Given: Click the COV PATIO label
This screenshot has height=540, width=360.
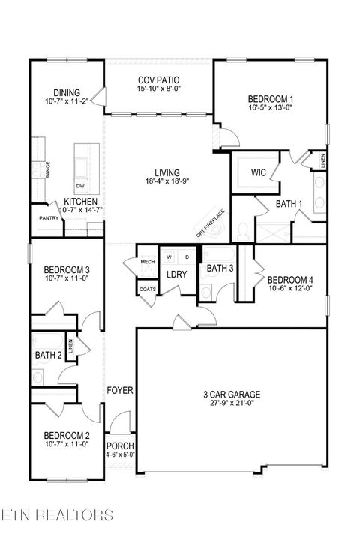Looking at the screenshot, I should click(158, 79).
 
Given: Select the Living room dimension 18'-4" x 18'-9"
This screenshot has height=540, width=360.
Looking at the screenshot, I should click(166, 181).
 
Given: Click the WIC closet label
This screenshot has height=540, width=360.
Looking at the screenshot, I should click(259, 172).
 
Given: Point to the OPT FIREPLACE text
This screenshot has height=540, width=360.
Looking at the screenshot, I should click(210, 223).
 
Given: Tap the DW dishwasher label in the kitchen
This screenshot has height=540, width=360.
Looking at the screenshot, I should click(80, 185).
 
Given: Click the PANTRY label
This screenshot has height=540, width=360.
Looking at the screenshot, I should click(49, 218).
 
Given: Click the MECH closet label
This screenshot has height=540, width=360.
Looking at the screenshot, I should click(148, 262).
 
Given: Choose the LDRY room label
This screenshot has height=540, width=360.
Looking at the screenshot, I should click(176, 274).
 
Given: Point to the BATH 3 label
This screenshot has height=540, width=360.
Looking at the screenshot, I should click(220, 268).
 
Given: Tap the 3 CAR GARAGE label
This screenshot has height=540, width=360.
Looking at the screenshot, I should click(232, 394).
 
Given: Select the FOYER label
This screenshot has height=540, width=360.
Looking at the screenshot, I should click(120, 391).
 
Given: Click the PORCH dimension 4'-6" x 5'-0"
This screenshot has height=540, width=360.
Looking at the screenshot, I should click(120, 454).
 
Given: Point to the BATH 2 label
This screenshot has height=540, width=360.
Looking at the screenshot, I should click(47, 354).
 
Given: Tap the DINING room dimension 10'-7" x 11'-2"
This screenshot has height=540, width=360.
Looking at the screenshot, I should click(67, 100).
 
